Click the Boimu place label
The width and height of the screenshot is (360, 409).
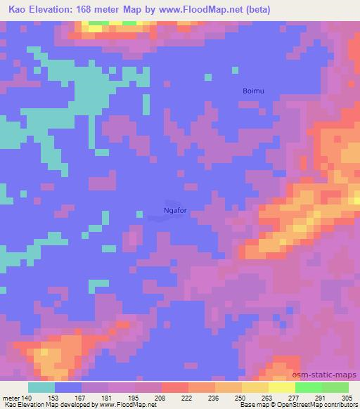tap(254, 91)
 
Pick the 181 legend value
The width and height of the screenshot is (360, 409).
tap(106, 397)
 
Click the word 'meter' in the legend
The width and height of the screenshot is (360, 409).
tap(11, 397)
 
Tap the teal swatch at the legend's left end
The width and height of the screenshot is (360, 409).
tap(41, 387)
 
